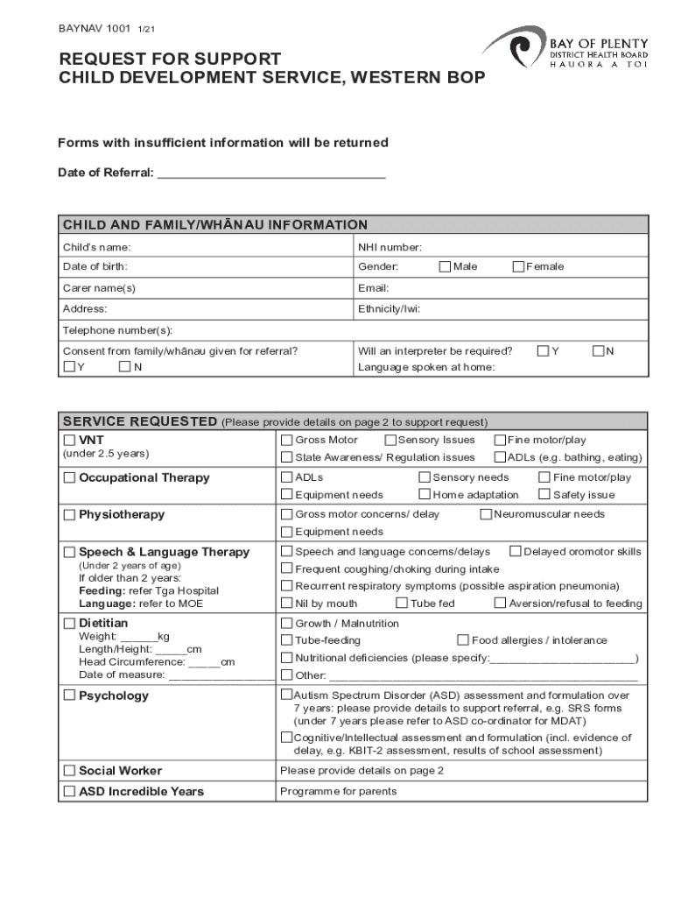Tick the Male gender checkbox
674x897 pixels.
pos(445,266)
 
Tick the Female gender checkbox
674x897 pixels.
pos(518,266)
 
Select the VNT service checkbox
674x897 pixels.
pos(69,440)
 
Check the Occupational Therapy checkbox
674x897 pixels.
pos(69,478)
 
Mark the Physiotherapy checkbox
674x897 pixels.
pos(69,515)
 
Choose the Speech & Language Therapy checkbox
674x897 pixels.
pos(69,553)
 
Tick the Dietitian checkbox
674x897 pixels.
pos(69,624)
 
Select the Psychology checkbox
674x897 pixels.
pos(69,696)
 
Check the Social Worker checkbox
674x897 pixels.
pos(69,771)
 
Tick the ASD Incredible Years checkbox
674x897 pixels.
pos(69,792)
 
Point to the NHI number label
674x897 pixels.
pos(390,247)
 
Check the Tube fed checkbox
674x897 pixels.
pos(402,603)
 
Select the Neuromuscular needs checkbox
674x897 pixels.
pos(486,514)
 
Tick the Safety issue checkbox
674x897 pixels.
pos(544,494)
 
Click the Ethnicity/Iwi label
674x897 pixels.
pos(389,308)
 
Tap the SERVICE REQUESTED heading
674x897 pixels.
pos(138,421)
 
